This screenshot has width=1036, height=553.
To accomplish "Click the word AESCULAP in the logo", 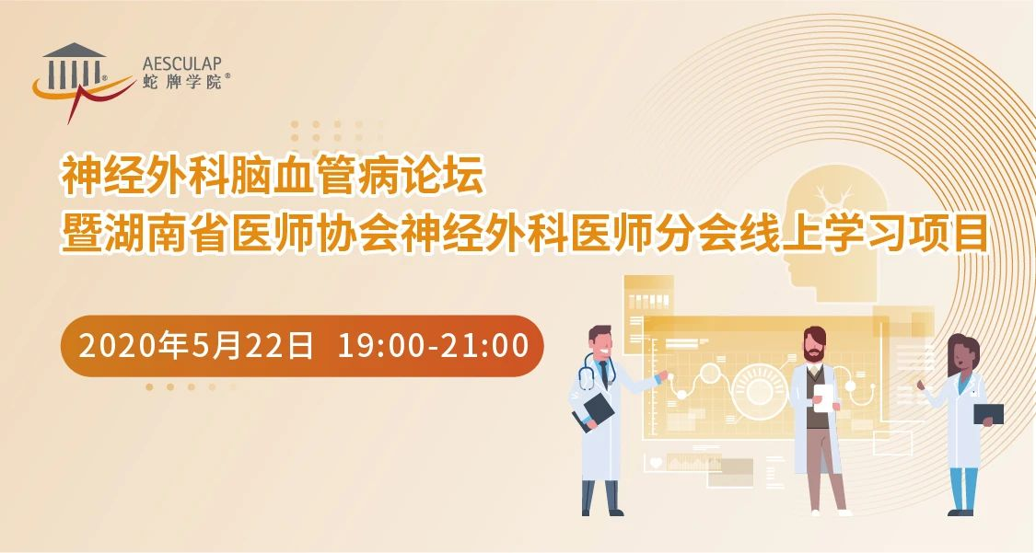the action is [181, 64].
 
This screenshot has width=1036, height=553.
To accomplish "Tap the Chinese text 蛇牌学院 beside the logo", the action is [182, 82].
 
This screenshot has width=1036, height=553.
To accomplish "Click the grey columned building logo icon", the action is [74, 65].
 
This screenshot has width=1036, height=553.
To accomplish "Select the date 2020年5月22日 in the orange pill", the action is [195, 346].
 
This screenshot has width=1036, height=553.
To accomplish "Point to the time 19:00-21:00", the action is [434, 346].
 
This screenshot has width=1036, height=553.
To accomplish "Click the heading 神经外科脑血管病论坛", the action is [273, 176].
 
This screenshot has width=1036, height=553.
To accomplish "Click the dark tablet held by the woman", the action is [988, 414].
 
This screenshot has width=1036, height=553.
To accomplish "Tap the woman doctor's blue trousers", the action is [962, 489].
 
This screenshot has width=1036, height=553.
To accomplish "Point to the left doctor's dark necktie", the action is [604, 374].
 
